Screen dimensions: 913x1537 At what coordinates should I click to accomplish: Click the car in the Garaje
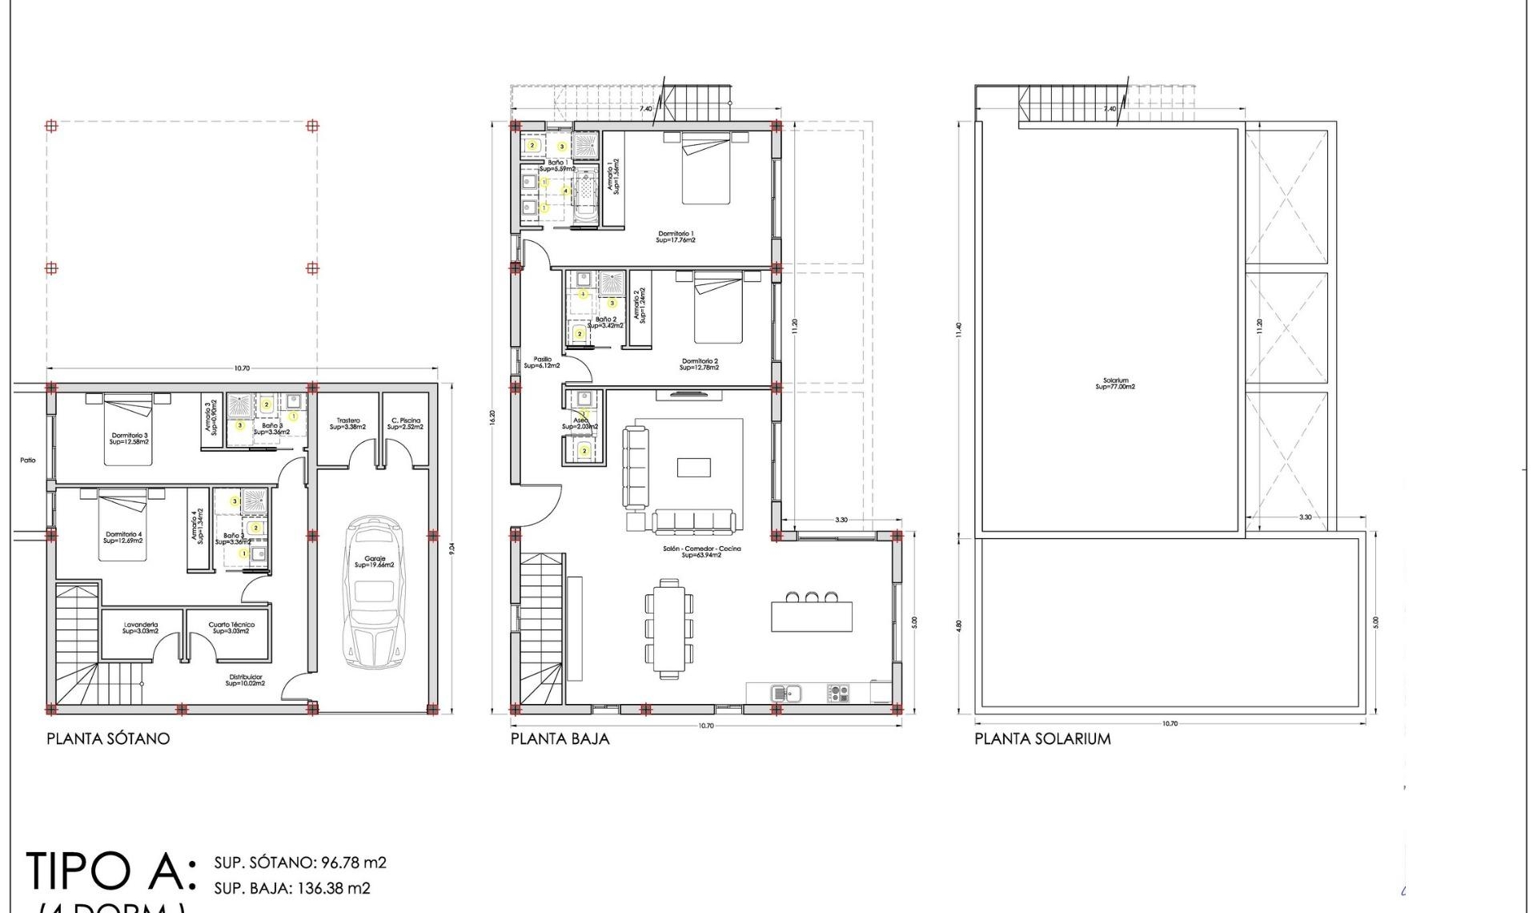click(x=375, y=593)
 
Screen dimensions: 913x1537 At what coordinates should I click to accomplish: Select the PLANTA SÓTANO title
click(x=108, y=738)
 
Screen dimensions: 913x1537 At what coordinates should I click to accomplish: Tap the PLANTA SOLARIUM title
click(x=1042, y=738)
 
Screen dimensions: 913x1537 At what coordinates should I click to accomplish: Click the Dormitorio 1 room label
click(x=676, y=236)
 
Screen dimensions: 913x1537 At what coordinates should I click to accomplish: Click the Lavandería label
click(x=141, y=628)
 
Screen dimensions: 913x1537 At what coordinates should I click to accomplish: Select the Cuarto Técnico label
click(x=231, y=628)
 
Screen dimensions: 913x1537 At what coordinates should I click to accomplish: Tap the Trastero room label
click(x=348, y=424)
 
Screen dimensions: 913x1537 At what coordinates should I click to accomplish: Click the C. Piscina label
click(x=405, y=424)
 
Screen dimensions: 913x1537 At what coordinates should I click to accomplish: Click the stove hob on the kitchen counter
click(x=837, y=693)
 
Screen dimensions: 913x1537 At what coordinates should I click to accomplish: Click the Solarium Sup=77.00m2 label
click(x=1115, y=384)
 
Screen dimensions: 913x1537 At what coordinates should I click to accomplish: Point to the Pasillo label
click(x=542, y=362)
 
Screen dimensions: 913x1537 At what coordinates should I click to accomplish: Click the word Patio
click(x=28, y=461)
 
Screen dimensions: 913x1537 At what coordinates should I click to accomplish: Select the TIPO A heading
click(x=110, y=871)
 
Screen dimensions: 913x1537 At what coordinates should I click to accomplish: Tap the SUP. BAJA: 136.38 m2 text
click(x=292, y=888)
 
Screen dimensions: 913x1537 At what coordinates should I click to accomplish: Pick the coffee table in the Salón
click(x=693, y=467)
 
